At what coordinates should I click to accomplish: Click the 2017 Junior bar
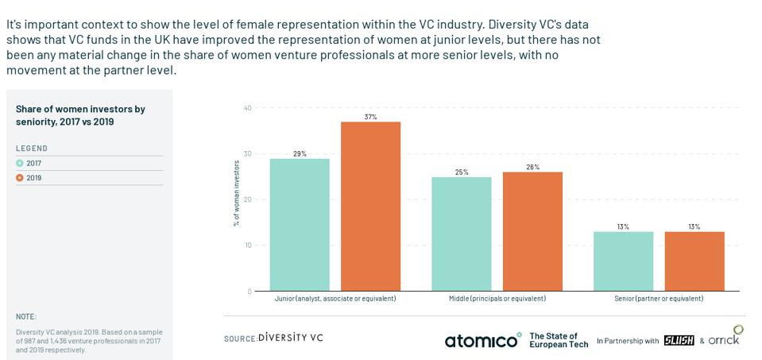pyautogui.click(x=300, y=225)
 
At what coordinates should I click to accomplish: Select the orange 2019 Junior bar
pyautogui.click(x=370, y=207)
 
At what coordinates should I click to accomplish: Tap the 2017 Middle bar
pyautogui.click(x=462, y=234)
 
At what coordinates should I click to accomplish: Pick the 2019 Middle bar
pyautogui.click(x=532, y=231)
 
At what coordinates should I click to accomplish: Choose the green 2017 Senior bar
pyautogui.click(x=623, y=261)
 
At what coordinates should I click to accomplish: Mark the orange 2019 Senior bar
pyautogui.click(x=694, y=261)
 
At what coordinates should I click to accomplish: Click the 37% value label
pyautogui.click(x=370, y=117)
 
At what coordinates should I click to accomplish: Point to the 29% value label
pyautogui.click(x=300, y=153)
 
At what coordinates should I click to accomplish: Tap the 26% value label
pyautogui.click(x=532, y=167)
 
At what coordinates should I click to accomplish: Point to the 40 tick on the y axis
pyautogui.click(x=247, y=108)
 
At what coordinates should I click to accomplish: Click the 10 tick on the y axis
pyautogui.click(x=247, y=246)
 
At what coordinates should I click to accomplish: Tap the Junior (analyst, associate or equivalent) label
pyautogui.click(x=335, y=299)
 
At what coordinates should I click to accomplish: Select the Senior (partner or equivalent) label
pyautogui.click(x=659, y=299)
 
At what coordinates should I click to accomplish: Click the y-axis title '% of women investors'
pyautogui.click(x=236, y=193)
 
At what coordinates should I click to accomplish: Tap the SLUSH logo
pyautogui.click(x=679, y=340)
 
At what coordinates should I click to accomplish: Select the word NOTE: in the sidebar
pyautogui.click(x=26, y=316)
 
